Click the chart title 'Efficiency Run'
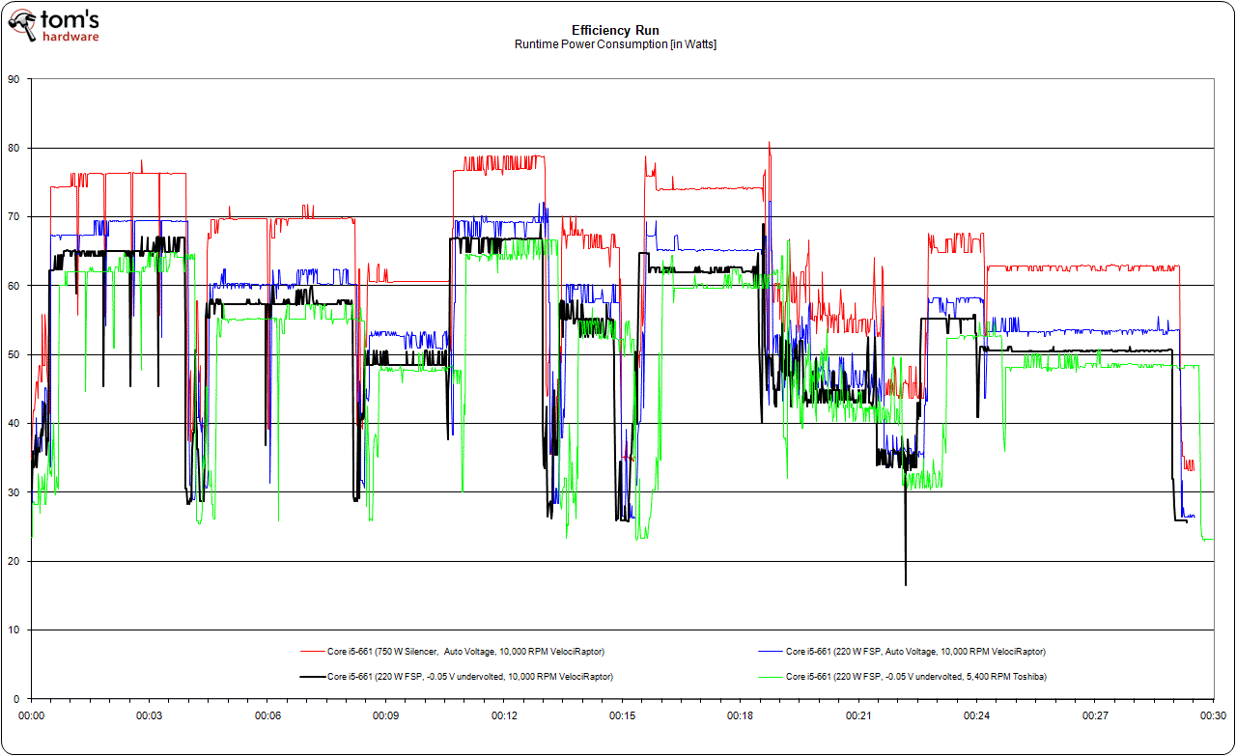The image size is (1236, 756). [615, 30]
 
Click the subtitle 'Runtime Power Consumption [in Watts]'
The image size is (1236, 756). [615, 44]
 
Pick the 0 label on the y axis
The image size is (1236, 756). [16, 698]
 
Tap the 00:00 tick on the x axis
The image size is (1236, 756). [32, 715]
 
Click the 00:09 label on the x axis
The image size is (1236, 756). [386, 715]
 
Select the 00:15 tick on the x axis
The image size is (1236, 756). [623, 715]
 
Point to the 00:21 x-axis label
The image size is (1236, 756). [858, 715]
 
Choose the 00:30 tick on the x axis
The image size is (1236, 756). [1213, 715]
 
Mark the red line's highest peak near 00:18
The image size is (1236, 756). [769, 143]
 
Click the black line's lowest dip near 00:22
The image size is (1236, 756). [906, 584]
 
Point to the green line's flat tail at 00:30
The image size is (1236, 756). [1208, 540]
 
